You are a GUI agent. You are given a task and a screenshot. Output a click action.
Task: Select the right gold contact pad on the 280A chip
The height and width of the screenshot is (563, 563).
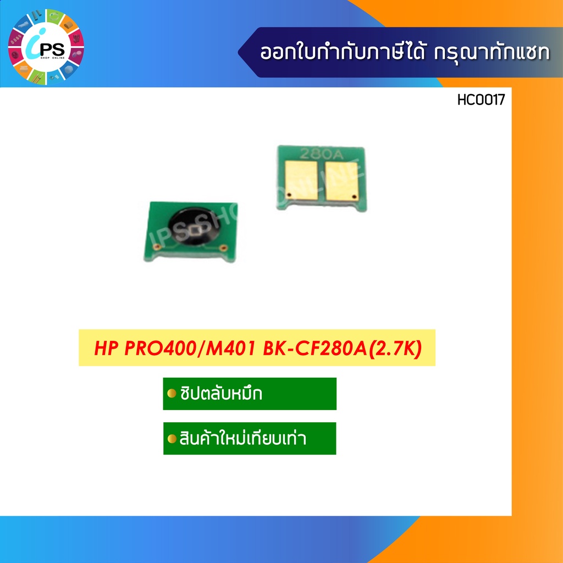341,181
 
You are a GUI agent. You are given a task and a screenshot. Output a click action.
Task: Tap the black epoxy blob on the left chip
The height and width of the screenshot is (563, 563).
191,225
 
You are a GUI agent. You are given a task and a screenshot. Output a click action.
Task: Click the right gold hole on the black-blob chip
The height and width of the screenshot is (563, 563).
223,249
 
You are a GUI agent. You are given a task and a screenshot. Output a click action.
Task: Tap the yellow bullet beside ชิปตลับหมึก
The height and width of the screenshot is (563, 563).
172,394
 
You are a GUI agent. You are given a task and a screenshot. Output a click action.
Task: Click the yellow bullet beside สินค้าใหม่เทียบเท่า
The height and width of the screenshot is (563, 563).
172,439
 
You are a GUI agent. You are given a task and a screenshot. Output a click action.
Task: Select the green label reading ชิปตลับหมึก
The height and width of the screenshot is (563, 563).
250,394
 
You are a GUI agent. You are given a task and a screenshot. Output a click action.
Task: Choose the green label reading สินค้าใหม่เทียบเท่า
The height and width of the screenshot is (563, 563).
250,439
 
